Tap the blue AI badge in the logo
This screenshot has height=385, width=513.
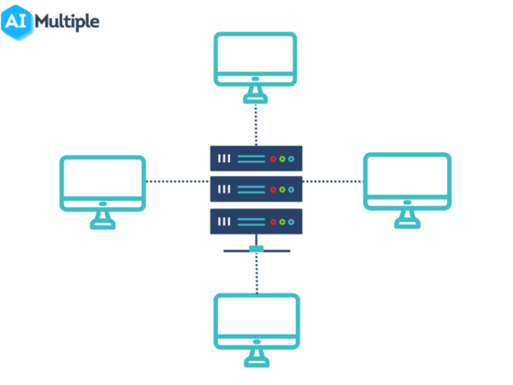[x=19, y=21]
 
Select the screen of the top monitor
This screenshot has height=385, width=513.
[x=256, y=60]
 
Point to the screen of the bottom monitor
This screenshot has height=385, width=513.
[x=256, y=321]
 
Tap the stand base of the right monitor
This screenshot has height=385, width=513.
[x=407, y=225]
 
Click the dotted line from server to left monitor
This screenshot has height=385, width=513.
[x=177, y=181]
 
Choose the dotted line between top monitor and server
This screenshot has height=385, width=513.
[x=256, y=124]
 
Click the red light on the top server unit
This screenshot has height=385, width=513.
[x=273, y=159]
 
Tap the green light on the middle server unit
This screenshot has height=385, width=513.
[x=282, y=190]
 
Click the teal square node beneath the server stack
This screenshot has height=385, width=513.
[x=256, y=248]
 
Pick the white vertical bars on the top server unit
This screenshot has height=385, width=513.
[x=224, y=159]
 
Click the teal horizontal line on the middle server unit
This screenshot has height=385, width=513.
[x=250, y=190]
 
